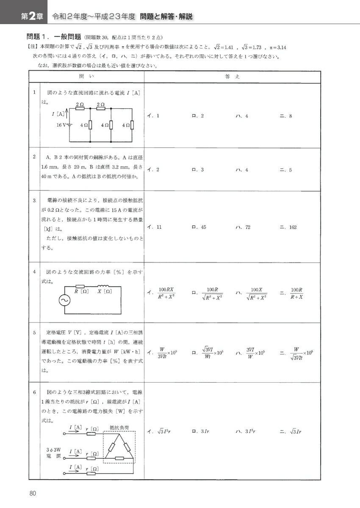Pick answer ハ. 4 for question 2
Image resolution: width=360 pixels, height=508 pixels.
pyautogui.click(x=242, y=170)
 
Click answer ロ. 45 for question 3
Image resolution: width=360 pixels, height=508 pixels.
pyautogui.click(x=199, y=227)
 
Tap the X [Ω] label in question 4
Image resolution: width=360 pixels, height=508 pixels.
pyautogui.click(x=105, y=292)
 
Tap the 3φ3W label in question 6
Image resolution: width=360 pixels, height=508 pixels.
pyautogui.click(x=54, y=448)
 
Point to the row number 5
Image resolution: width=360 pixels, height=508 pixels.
pyautogui.click(x=34, y=333)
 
